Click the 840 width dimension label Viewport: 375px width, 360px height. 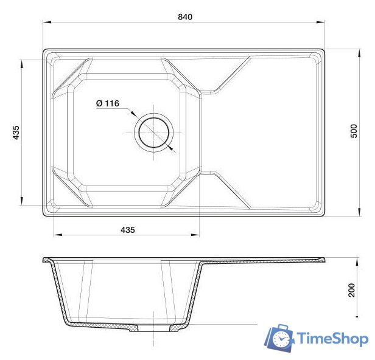[185, 17]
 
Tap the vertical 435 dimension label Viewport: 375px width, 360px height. [16, 133]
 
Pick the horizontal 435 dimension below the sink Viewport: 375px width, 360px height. [127, 230]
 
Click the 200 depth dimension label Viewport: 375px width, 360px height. [351, 290]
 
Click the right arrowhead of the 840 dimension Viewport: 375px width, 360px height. [320, 23]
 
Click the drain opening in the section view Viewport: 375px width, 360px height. [153, 328]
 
